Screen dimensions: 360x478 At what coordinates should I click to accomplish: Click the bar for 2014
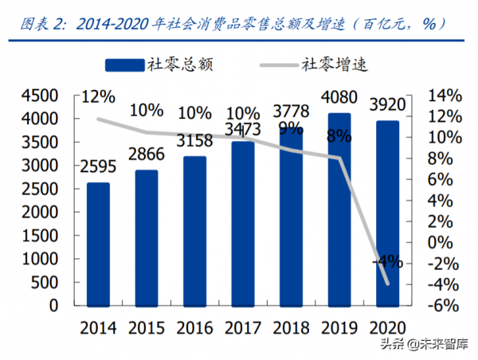[98, 244]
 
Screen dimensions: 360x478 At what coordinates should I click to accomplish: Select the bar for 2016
[195, 231]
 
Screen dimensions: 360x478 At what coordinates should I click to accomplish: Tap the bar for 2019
[339, 209]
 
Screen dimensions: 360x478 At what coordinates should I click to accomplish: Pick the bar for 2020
[388, 213]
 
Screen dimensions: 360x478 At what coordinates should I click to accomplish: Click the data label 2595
[98, 167]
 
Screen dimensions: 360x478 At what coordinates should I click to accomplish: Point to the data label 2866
[147, 155]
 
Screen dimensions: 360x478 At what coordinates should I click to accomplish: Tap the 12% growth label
[97, 97]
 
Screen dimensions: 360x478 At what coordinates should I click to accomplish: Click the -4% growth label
[387, 261]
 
